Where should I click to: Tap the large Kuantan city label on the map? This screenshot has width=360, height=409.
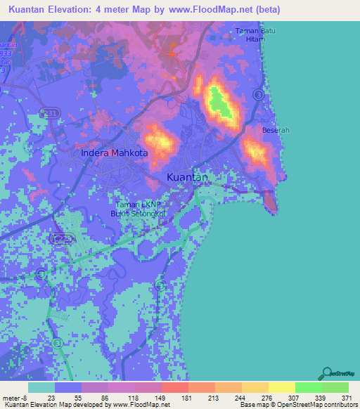click(x=187, y=178)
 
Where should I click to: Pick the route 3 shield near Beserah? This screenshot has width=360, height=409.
click(x=259, y=93)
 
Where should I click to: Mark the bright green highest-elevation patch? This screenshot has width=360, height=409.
click(x=221, y=101)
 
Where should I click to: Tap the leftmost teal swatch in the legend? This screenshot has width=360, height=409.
click(x=41, y=387)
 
